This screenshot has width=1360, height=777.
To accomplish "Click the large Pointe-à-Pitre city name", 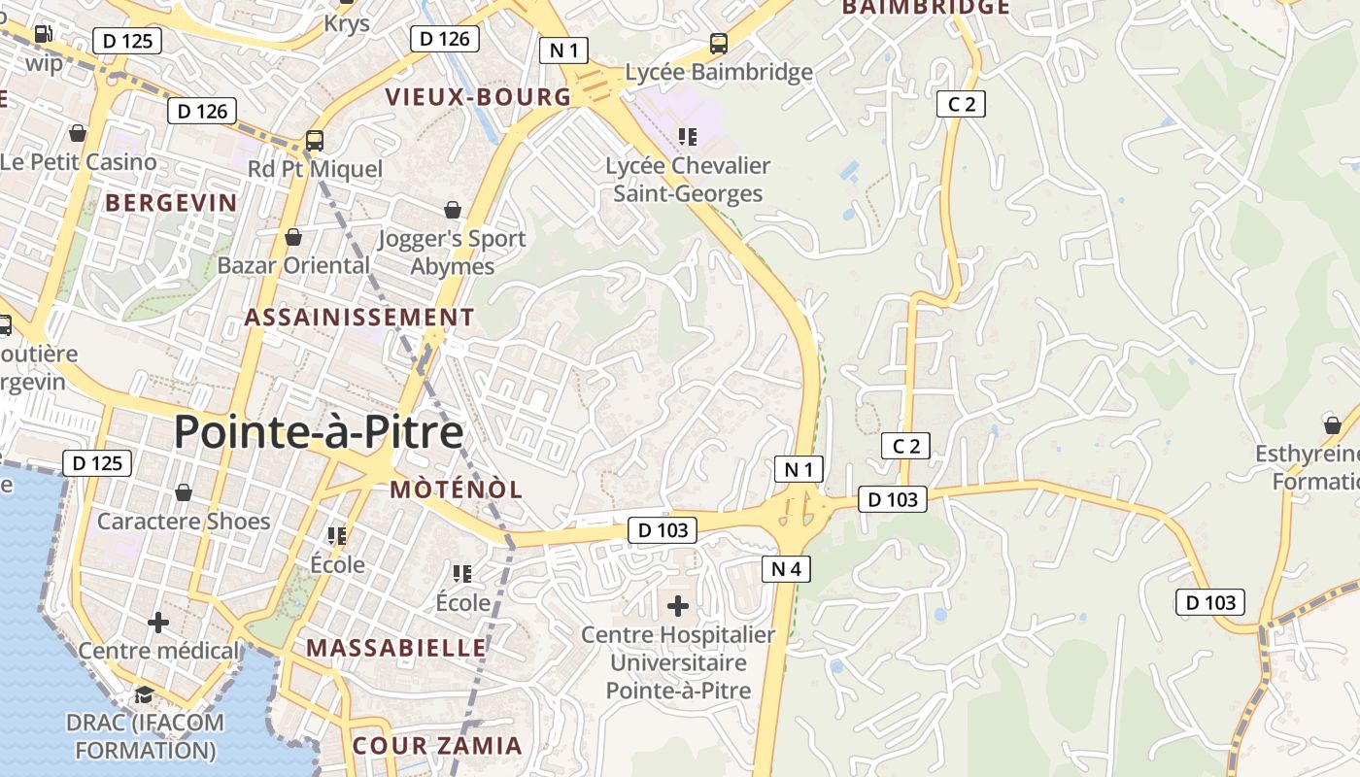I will point(319,432).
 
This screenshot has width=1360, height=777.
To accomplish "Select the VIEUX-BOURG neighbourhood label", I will point(478,97).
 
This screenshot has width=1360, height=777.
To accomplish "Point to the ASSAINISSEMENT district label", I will point(359,318).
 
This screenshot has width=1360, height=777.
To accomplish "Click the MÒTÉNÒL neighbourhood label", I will point(457,490).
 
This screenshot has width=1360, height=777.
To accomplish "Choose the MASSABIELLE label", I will point(396,647).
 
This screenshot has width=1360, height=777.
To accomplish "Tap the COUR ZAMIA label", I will point(437,746).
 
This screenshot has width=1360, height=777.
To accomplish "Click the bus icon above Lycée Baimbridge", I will point(718,44).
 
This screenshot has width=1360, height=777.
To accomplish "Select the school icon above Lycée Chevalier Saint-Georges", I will point(688,137).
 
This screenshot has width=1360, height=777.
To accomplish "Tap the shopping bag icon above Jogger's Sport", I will point(452,210).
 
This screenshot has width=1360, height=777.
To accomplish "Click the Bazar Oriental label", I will point(293,265).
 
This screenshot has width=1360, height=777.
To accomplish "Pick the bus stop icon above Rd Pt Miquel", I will point(314,141).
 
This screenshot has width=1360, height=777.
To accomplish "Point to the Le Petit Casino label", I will point(80,161).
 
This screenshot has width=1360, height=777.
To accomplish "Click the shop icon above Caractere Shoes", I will point(184,493).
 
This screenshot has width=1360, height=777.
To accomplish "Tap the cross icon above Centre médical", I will point(157,622).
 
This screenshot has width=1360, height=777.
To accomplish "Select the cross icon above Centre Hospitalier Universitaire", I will point(678,607).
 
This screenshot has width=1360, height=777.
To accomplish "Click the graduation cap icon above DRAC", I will point(144,694).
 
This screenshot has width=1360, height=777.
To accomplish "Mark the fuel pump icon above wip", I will point(44,34).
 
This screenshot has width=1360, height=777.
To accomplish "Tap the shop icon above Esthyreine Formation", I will point(1332,425).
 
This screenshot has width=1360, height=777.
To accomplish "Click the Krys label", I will point(347,23).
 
